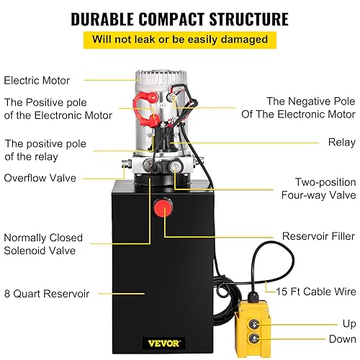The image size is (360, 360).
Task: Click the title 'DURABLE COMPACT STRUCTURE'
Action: click(x=179, y=17)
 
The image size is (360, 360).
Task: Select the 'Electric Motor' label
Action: click(x=37, y=81)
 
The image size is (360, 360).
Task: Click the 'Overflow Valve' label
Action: click(x=39, y=178)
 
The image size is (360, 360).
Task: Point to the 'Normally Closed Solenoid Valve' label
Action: click(x=43, y=244)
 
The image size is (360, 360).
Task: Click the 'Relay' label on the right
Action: click(x=341, y=143)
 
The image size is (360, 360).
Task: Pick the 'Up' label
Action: click(x=348, y=323)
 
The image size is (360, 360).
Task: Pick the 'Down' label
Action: click(x=341, y=339)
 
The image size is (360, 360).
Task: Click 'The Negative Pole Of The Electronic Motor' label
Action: click(x=311, y=107)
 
